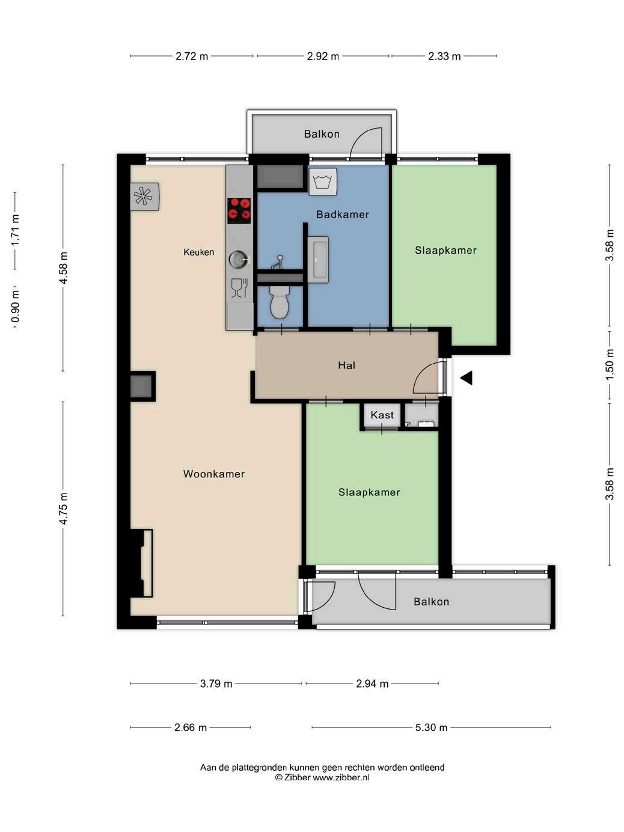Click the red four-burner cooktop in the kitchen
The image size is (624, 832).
point(239,211)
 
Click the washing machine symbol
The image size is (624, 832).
point(322,182)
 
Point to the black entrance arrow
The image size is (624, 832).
point(466,378)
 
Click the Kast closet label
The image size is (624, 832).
point(382,415)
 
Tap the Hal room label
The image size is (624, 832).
point(346,366)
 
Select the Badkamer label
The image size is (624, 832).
point(343,215)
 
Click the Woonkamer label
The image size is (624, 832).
point(213,474)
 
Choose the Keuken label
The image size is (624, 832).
point(198,252)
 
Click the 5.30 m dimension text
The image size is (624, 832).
point(431,727)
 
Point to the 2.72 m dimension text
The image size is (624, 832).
point(192,56)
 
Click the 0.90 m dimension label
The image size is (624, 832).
point(15,307)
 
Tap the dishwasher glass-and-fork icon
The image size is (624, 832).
point(239,288)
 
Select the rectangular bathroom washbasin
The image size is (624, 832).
point(317,260)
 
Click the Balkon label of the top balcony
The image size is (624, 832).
point(322,134)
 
